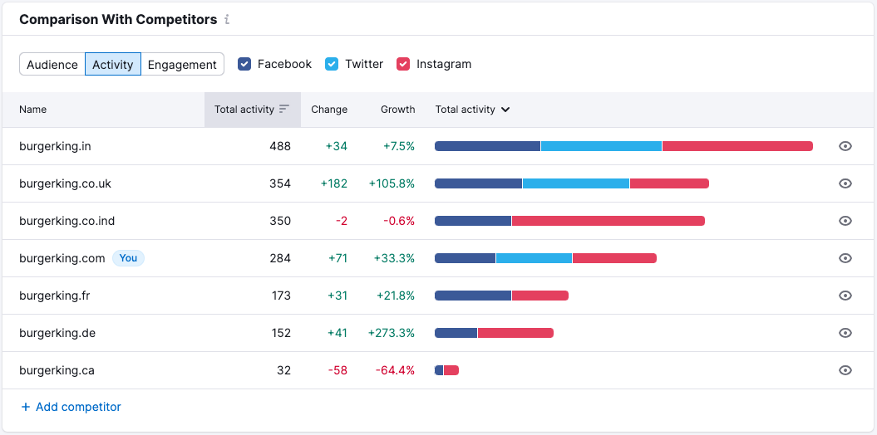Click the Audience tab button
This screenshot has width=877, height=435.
(x=52, y=65)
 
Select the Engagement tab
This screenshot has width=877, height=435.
(x=182, y=65)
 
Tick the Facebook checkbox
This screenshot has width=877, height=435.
(x=244, y=64)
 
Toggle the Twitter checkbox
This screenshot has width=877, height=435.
(x=332, y=64)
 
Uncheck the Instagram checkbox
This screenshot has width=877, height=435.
(x=403, y=64)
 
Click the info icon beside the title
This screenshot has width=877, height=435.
(x=227, y=19)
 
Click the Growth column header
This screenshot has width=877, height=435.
(x=397, y=110)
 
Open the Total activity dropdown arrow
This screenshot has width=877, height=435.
(x=505, y=110)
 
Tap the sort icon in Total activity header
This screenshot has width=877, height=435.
(x=284, y=109)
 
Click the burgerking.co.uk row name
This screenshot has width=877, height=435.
(x=65, y=183)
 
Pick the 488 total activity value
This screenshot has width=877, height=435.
(x=280, y=146)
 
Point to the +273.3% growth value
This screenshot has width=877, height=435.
(x=392, y=333)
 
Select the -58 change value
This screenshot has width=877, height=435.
(x=337, y=370)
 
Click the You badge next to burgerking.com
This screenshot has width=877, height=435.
(x=128, y=258)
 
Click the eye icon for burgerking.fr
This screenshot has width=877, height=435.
(x=845, y=296)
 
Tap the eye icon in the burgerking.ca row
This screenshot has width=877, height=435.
(x=845, y=370)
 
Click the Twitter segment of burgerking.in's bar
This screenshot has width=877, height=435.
(x=601, y=146)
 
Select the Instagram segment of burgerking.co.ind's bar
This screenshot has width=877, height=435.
(x=608, y=221)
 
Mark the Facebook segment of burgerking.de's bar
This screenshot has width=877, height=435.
(x=456, y=333)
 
